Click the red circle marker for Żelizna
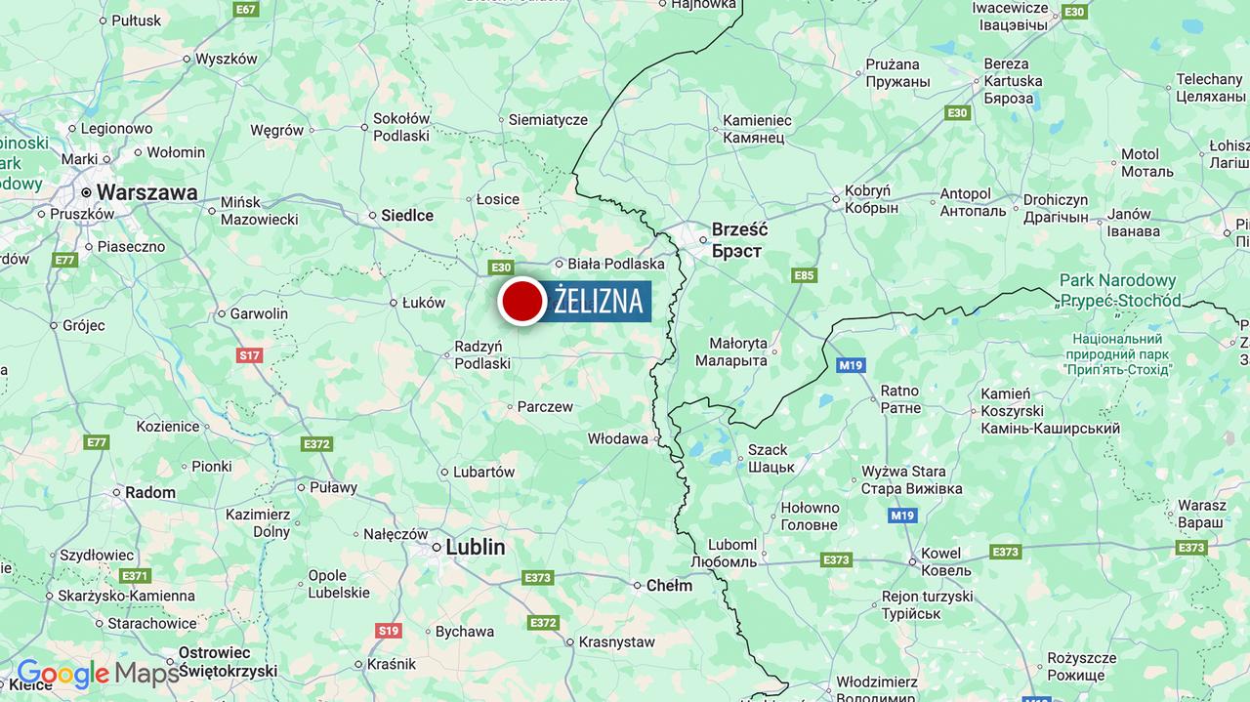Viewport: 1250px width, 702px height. click(x=522, y=301)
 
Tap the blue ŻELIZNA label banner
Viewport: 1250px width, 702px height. click(x=598, y=301)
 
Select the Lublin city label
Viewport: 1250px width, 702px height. click(x=475, y=547)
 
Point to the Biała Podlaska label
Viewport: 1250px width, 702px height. click(x=615, y=264)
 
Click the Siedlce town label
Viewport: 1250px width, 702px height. click(x=406, y=216)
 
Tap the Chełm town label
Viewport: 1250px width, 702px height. click(x=669, y=586)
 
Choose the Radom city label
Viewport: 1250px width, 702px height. click(x=149, y=493)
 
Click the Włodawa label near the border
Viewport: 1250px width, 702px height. click(x=617, y=438)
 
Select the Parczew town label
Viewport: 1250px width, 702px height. click(x=545, y=406)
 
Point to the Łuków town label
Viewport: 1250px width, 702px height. click(x=423, y=303)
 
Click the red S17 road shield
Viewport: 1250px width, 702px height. click(x=249, y=355)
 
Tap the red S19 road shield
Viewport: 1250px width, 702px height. click(x=389, y=631)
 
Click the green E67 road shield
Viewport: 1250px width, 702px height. click(x=246, y=9)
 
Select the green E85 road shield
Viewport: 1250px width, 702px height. click(x=804, y=275)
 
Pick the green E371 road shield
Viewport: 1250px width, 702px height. click(x=135, y=576)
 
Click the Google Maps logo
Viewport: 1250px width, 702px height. click(x=98, y=673)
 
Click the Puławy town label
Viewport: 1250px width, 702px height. click(x=333, y=487)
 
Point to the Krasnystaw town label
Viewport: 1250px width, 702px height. click(x=616, y=641)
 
